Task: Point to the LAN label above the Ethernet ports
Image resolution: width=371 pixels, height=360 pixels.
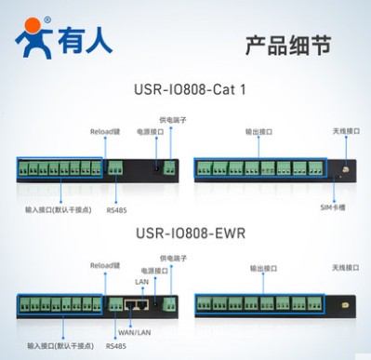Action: pyautogui.click(x=141, y=280)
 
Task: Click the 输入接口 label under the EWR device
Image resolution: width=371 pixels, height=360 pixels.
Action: pyautogui.click(x=59, y=345)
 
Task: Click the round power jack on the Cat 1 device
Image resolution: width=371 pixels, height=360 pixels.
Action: pyautogui.click(x=155, y=169)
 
